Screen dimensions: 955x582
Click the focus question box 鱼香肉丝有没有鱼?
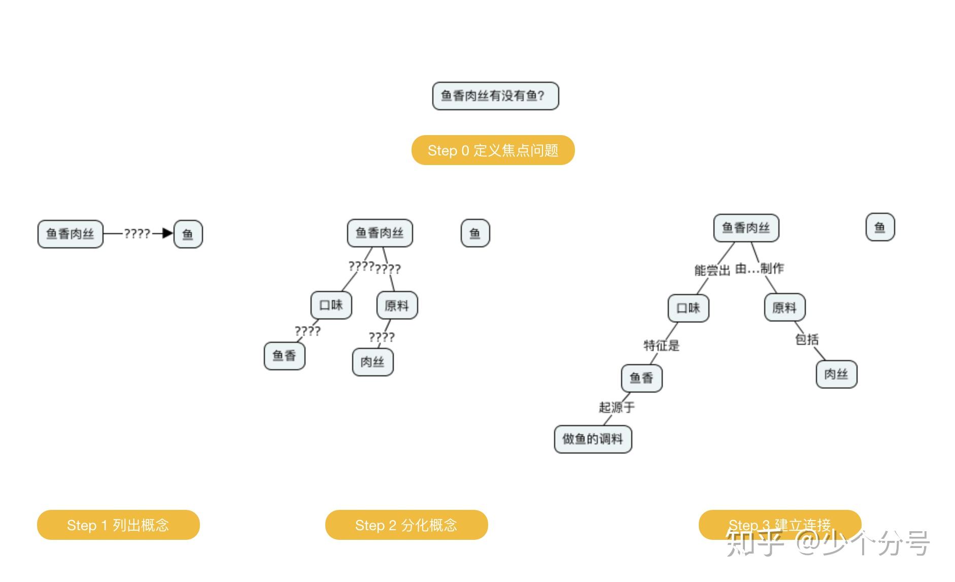[495, 96]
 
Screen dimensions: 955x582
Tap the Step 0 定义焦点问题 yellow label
[493, 150]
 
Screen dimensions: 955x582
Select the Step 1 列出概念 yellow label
[118, 525]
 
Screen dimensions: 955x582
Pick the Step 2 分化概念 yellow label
[406, 525]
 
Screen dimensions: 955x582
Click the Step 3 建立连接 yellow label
[780, 525]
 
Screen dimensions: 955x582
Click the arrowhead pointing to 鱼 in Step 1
[168, 234]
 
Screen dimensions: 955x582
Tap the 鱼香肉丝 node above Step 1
[71, 234]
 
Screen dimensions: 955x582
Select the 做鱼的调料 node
[593, 439]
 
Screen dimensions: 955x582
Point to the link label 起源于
[617, 407]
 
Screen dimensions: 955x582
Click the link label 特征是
[661, 345]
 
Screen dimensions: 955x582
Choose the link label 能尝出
[712, 270]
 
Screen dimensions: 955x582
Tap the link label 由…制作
[760, 268]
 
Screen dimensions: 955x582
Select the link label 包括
[807, 339]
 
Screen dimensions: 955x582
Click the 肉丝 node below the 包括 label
[836, 374]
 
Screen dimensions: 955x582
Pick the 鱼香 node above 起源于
[641, 378]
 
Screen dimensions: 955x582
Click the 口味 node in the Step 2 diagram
[331, 305]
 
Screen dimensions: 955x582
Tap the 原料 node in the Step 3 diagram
[785, 307]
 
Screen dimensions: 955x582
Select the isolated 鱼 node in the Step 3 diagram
[880, 227]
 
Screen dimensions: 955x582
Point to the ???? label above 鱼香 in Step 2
[308, 331]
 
